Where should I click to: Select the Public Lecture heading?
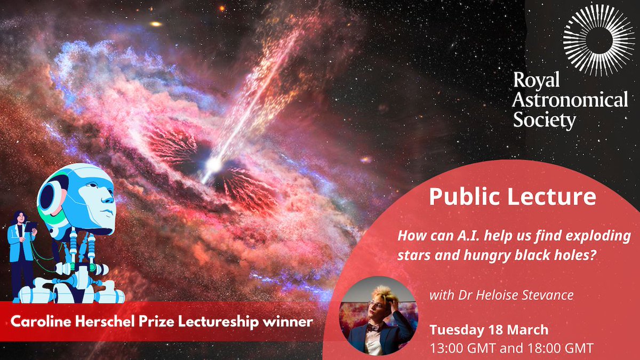513,197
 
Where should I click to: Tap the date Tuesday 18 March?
489,330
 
